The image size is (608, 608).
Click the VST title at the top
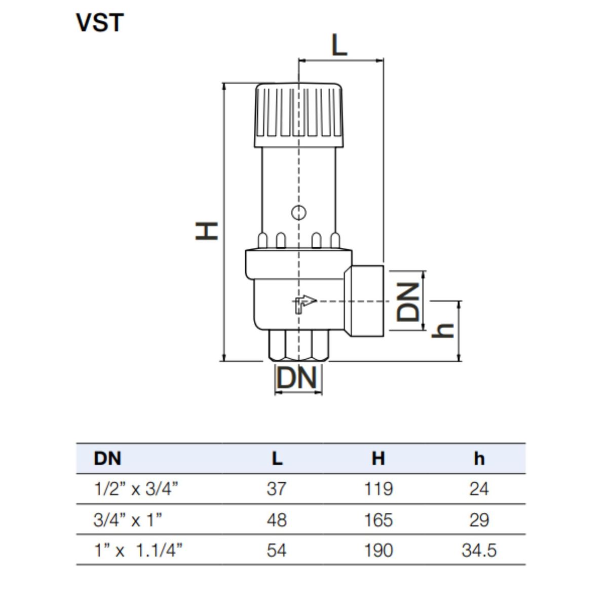(x=100, y=23)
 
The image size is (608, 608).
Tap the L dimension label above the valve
(x=339, y=46)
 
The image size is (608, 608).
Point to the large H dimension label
(x=207, y=231)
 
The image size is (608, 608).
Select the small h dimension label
(x=444, y=330)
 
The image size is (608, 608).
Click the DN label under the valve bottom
(x=297, y=378)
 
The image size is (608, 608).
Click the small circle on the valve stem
(x=299, y=212)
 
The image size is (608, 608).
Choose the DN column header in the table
(x=107, y=459)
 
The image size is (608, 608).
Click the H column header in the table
(x=378, y=459)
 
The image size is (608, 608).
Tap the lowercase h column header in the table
(x=479, y=459)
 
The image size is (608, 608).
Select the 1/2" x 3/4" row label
(x=136, y=489)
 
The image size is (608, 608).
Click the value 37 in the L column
(x=276, y=489)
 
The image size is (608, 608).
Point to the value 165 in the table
(x=378, y=520)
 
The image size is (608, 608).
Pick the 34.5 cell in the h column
(x=479, y=550)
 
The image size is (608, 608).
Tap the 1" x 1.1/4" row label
(x=138, y=550)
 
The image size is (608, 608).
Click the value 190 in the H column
(x=378, y=550)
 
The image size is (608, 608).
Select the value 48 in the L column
(x=276, y=520)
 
